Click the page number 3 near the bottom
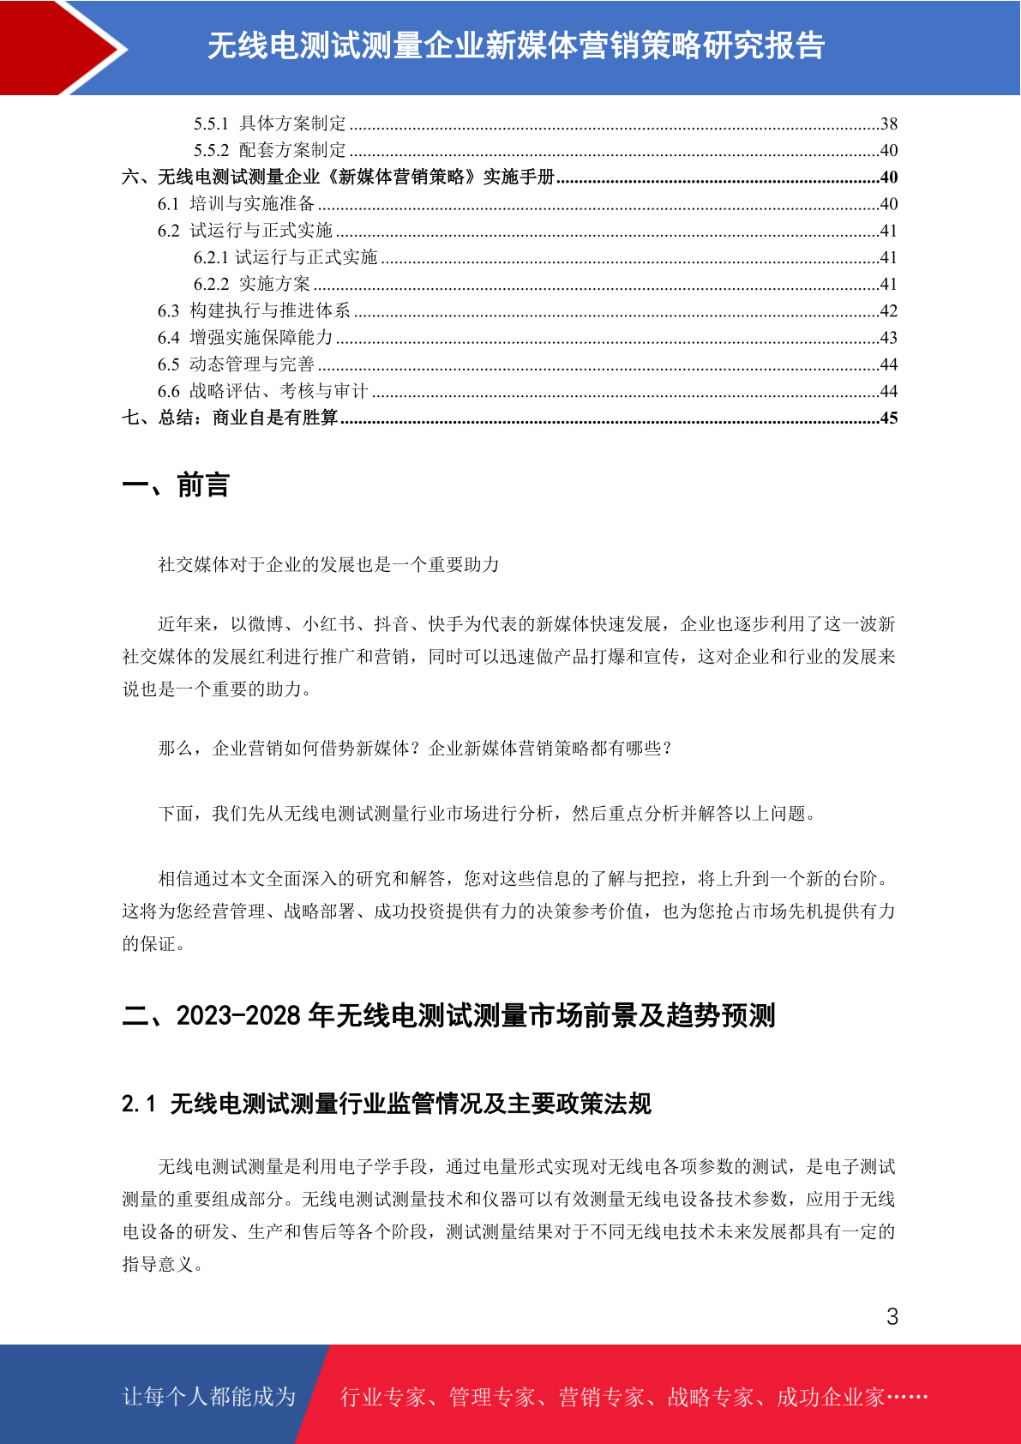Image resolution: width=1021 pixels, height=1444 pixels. coord(892,1317)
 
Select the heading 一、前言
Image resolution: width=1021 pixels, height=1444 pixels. coord(176,485)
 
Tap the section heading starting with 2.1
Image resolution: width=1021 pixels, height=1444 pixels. coord(386,1104)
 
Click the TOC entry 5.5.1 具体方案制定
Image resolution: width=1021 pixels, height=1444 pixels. coord(270,124)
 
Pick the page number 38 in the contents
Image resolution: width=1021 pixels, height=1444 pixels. coord(889,124)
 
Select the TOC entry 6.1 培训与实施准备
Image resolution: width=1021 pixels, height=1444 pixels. coord(237,204)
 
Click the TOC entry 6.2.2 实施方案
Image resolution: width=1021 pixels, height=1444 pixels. coord(252,285)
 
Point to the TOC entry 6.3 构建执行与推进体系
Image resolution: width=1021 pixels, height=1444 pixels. coord(254,311)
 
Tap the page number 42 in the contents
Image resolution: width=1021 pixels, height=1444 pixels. coord(889,311)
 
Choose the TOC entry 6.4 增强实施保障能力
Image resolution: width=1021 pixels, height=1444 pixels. coord(245,338)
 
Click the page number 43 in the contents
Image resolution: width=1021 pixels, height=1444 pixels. coord(889,338)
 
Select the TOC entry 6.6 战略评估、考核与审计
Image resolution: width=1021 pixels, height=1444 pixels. coord(262,392)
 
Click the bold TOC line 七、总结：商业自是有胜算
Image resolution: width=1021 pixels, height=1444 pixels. coord(230,418)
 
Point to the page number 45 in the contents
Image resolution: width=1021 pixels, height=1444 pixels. coord(889,418)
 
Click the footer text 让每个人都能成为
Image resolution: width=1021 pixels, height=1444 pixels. coord(209,1397)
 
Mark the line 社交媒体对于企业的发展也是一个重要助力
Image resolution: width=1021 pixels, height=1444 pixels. coord(328,565)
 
